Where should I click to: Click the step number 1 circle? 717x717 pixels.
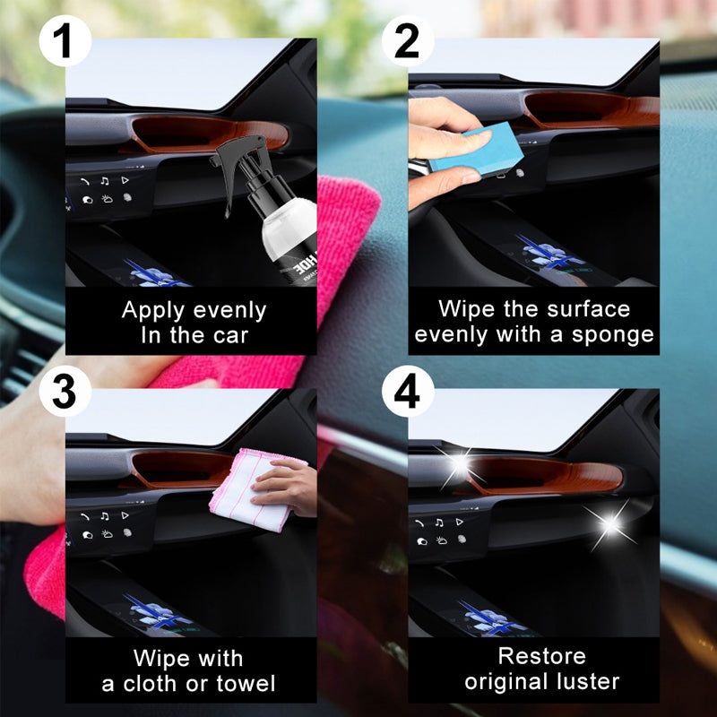(65, 41)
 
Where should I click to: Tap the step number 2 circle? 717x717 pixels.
(408, 41)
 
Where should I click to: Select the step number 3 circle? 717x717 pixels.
(65, 392)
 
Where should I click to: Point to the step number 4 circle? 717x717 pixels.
(408, 392)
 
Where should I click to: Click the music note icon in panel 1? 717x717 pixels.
(105, 180)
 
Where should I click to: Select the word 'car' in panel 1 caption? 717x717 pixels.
(228, 337)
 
